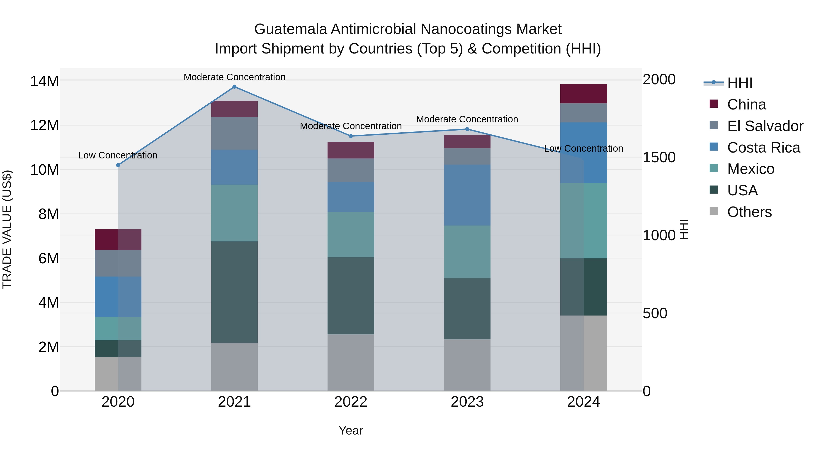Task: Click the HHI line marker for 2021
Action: (234, 87)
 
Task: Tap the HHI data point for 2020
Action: (118, 165)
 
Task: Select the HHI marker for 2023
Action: (467, 129)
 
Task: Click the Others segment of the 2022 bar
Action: (351, 362)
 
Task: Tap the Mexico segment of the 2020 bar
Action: (118, 328)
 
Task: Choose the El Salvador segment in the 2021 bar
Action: (234, 133)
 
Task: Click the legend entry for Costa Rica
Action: (763, 148)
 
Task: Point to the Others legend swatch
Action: (714, 211)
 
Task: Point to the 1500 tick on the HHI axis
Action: (659, 158)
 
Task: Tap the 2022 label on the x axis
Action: (351, 402)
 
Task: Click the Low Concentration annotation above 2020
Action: (118, 155)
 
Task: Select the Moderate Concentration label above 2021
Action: (234, 77)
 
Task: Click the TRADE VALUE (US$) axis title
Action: (7, 229)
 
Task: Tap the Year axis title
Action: (351, 430)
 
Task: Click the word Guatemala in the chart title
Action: (291, 29)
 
